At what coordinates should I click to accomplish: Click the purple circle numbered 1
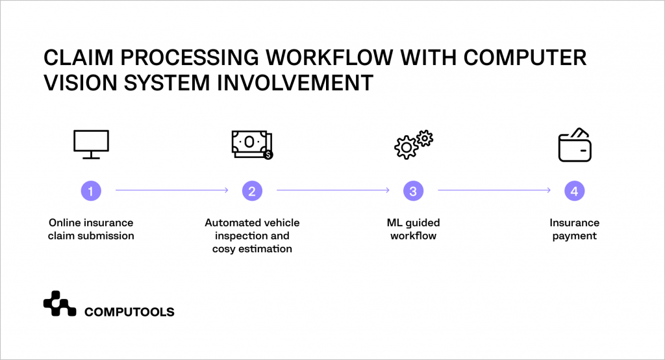[x=91, y=191]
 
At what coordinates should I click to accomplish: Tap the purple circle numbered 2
[x=252, y=191]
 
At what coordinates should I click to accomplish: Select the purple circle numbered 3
[x=413, y=191]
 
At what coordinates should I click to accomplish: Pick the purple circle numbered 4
[x=574, y=191]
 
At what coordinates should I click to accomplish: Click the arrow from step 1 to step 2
[x=171, y=190]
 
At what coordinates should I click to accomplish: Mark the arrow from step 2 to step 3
[x=332, y=190]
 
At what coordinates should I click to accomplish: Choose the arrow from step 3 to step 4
[x=494, y=190]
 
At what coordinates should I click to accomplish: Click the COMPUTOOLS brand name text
[x=129, y=312]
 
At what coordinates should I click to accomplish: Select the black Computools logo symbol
[x=60, y=303]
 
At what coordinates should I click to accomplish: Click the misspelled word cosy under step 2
[x=224, y=249]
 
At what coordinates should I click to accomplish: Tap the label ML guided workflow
[x=413, y=229]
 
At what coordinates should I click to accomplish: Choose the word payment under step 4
[x=574, y=236]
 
